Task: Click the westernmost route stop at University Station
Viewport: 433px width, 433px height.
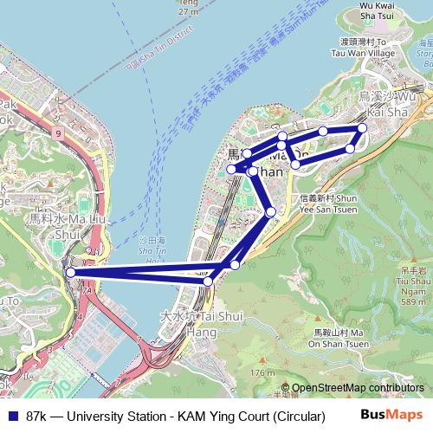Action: [71, 273]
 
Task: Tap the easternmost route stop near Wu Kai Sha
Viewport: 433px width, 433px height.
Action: [362, 128]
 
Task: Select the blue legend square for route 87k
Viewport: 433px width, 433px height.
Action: [11, 417]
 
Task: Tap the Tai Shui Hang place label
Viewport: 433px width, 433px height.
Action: [189, 325]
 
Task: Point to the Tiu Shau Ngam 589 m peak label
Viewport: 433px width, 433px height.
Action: [409, 285]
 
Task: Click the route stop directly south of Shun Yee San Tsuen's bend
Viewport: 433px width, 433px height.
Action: [271, 212]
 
